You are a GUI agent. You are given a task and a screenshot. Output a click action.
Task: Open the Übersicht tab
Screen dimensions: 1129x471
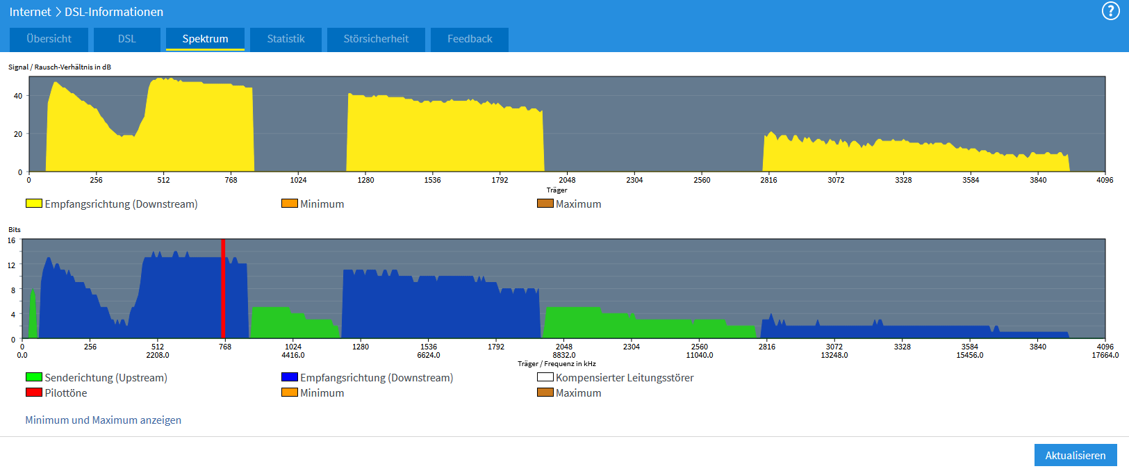(49, 40)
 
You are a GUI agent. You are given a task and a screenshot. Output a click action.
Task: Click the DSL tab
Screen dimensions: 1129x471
(127, 40)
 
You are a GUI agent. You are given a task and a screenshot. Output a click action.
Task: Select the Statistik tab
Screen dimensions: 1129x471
(286, 40)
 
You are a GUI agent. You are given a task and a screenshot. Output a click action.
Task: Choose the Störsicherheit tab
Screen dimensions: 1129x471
(376, 40)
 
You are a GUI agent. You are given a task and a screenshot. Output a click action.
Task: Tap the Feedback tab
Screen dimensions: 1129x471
(470, 40)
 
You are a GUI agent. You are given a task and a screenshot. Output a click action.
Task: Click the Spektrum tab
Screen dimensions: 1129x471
(205, 40)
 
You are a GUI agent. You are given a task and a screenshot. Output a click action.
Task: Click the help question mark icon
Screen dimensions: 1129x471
(1110, 11)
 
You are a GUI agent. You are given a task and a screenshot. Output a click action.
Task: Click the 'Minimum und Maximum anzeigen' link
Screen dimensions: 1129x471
(104, 420)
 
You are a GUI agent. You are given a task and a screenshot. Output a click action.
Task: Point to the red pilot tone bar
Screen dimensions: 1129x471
(223, 289)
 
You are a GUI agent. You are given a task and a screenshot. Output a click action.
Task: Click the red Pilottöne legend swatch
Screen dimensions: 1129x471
(34, 392)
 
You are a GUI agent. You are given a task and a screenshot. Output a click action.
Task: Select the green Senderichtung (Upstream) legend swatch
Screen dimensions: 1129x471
(34, 377)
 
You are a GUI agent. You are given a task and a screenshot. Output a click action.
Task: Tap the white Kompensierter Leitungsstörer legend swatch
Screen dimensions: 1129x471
(545, 377)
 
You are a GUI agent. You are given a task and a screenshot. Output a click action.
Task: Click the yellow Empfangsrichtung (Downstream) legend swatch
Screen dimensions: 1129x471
(34, 204)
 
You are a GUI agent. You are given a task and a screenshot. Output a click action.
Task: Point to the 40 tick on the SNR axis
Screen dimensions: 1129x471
(18, 96)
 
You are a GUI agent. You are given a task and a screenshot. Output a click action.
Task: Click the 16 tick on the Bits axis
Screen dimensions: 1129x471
(12, 240)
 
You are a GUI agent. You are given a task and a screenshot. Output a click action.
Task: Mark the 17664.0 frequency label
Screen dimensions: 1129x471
(1105, 355)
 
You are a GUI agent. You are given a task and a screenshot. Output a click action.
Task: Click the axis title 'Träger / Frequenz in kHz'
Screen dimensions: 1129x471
(557, 364)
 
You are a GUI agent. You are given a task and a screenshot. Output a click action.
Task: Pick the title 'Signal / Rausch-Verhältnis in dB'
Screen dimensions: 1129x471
(60, 67)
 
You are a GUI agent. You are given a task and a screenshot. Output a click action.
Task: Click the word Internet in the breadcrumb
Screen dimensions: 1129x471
(31, 12)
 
